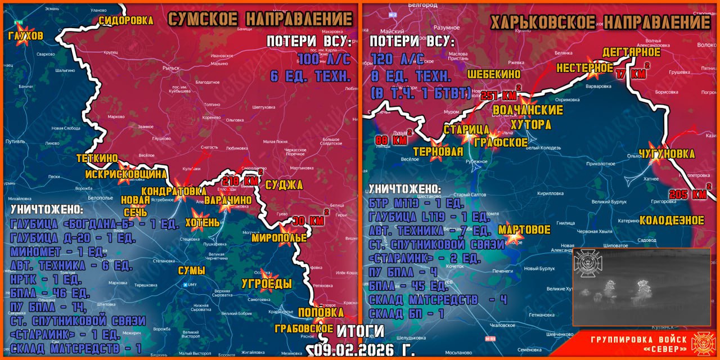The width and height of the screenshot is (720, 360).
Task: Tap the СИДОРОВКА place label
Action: coord(126,21)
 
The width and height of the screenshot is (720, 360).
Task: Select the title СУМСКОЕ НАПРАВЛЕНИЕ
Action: coord(260,19)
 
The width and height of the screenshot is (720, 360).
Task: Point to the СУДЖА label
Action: coord(284,185)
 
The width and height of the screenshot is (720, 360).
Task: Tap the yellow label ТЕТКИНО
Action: coord(97,159)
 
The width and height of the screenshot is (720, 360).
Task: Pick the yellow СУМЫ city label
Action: coord(191,271)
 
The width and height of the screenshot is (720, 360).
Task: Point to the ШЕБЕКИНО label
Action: coord(493,74)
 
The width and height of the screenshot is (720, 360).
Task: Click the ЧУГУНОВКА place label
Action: coord(667,154)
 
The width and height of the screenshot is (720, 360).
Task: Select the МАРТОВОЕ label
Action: coord(524,230)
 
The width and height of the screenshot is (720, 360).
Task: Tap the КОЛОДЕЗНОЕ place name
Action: coord(672,220)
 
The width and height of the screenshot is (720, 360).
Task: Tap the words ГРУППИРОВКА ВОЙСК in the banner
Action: coord(639,340)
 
